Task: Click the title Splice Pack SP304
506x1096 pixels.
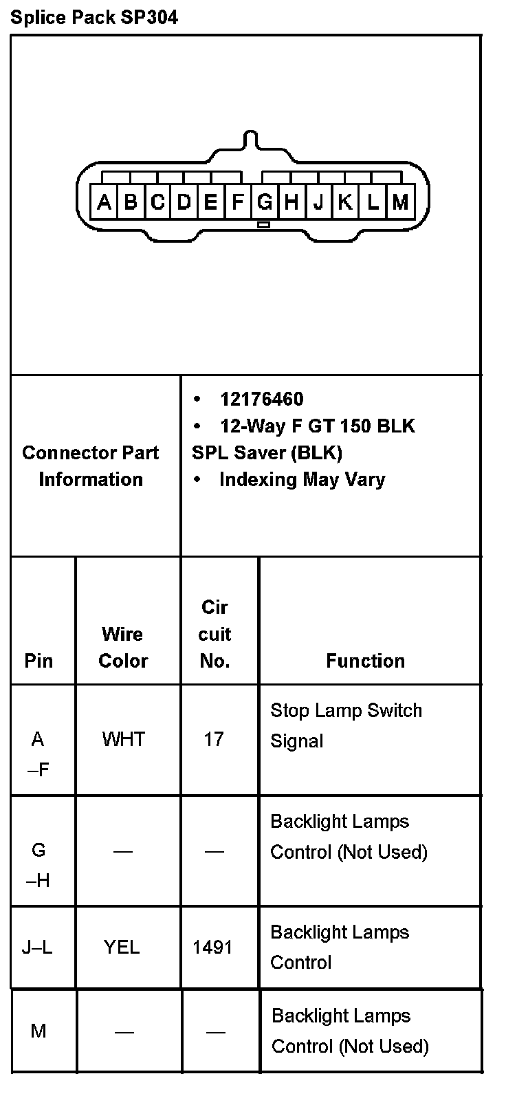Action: tap(94, 17)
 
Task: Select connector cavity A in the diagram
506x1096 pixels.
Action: tap(104, 202)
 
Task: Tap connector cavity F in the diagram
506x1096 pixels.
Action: tap(238, 202)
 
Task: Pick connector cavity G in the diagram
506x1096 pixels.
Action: tap(265, 202)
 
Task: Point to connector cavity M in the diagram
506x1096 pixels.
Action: tap(400, 202)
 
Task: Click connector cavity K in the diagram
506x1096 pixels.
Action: tap(346, 202)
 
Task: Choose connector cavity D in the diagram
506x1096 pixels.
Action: tap(184, 202)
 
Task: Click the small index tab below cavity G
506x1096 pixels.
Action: tap(263, 225)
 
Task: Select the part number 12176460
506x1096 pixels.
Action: tap(261, 399)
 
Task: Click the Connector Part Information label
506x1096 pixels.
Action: tap(91, 465)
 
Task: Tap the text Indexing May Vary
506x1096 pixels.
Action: tap(302, 479)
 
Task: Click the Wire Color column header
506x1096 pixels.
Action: tap(123, 647)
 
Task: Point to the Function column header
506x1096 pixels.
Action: tap(365, 661)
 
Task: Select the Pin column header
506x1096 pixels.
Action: tap(38, 661)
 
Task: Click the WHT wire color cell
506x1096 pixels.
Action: tap(124, 739)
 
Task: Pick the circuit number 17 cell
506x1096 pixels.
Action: tap(214, 739)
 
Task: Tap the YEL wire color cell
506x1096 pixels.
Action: tap(122, 947)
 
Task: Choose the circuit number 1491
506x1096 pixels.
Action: tap(212, 947)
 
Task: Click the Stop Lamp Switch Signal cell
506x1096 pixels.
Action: tap(346, 725)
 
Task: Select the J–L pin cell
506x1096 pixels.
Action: tap(37, 947)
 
